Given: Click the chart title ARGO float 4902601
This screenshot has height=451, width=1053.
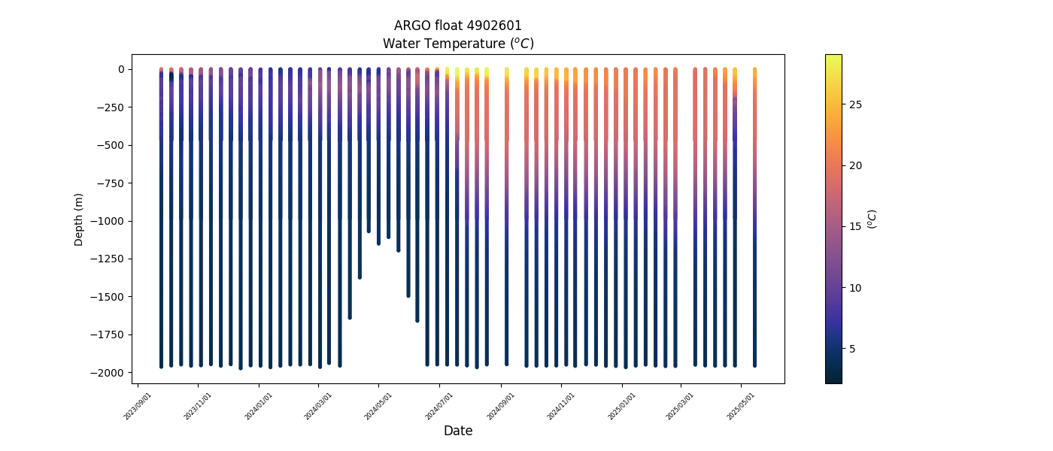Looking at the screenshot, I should (x=457, y=26).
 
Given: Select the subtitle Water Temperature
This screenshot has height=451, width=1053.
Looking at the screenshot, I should (x=457, y=44).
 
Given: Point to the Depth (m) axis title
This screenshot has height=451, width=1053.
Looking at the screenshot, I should (x=79, y=219).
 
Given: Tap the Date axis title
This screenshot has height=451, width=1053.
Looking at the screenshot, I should (x=457, y=431).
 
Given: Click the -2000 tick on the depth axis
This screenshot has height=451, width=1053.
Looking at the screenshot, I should (x=108, y=373).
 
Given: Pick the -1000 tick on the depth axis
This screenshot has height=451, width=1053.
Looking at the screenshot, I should (x=108, y=221).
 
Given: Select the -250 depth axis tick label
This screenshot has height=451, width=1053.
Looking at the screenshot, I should (x=111, y=107).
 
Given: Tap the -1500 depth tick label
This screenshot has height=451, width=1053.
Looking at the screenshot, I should (x=108, y=297).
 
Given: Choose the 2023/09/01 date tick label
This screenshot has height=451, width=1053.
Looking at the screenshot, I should (x=138, y=406).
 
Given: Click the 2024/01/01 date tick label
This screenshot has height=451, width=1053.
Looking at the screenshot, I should (x=259, y=406).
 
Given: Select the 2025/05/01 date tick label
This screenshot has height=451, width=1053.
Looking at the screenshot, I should (x=742, y=406).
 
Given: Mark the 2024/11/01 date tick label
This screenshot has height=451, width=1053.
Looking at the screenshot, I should (x=561, y=406).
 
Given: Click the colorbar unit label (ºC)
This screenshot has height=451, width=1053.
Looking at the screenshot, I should (x=872, y=219).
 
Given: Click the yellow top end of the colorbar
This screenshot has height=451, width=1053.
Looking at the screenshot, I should (x=833, y=57).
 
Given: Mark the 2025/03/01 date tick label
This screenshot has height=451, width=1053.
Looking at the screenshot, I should (x=681, y=406).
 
